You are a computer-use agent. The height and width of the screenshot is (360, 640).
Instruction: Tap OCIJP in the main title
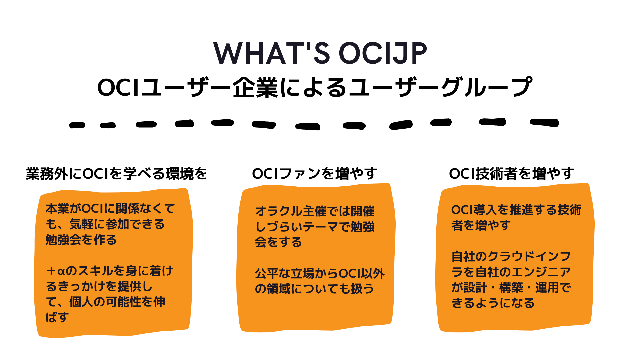383,53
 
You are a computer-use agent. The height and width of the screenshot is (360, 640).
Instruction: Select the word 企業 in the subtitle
255,88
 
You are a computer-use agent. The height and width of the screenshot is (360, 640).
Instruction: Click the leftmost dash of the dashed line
77,125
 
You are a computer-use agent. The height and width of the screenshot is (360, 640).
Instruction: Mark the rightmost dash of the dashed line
544,123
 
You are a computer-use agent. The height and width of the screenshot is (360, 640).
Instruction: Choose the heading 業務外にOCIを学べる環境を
116,174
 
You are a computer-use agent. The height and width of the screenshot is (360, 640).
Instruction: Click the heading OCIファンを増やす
314,174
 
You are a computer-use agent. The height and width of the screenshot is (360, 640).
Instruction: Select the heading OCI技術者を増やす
511,174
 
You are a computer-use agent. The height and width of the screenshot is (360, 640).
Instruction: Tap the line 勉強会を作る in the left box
81,240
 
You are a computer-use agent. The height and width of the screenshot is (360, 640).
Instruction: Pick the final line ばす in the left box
57,317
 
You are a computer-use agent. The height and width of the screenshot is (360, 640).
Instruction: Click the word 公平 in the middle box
267,274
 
